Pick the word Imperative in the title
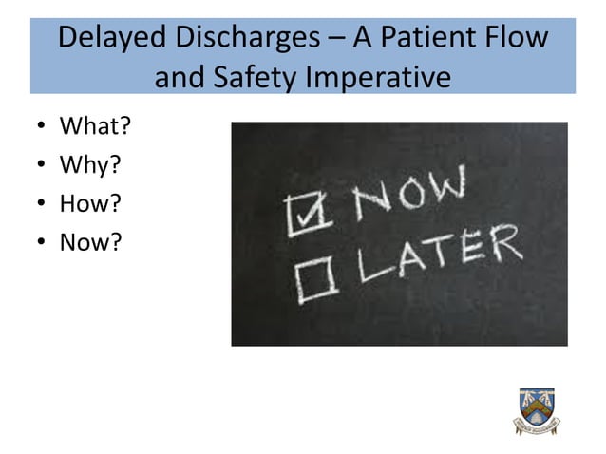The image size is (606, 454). [x=380, y=76]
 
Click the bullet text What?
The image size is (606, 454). [x=95, y=126]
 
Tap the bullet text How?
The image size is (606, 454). [x=91, y=204]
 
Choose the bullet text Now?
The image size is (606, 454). [x=91, y=243]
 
